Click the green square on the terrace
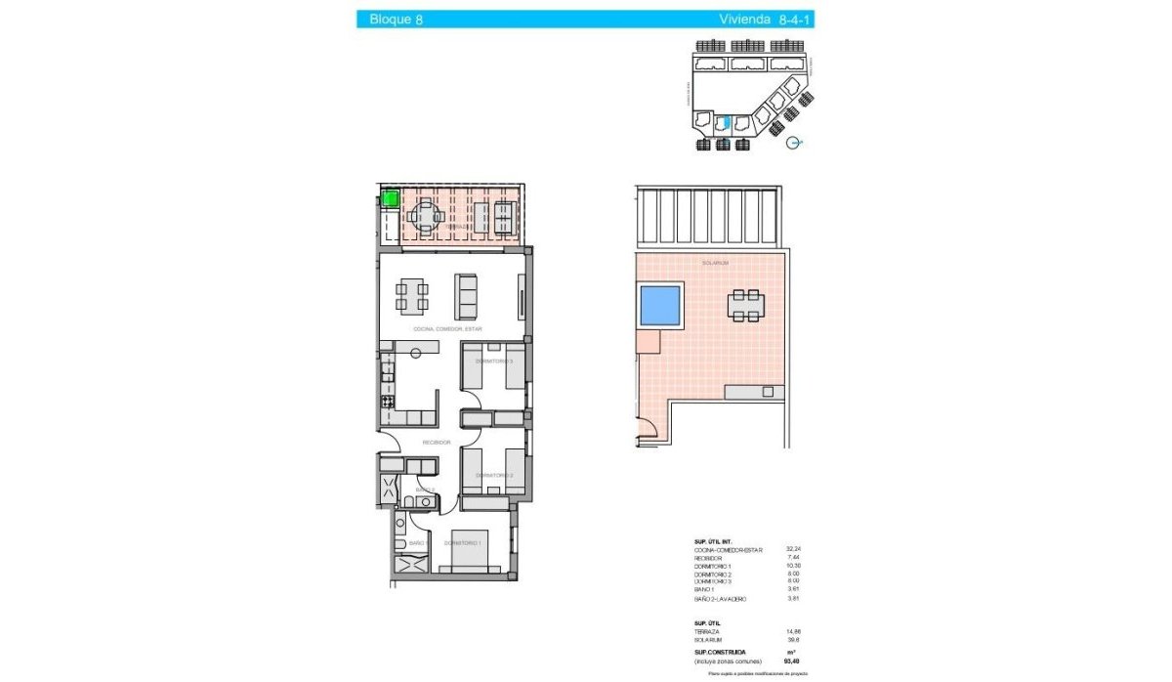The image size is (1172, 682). (390, 199)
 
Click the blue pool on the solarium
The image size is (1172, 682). (660, 306)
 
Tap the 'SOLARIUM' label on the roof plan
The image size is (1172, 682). (715, 263)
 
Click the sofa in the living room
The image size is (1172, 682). (466, 295)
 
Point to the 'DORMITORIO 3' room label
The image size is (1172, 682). (494, 362)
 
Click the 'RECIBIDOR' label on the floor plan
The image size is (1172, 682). (436, 443)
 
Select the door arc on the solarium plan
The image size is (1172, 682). (649, 428)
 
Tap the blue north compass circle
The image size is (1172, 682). (795, 142)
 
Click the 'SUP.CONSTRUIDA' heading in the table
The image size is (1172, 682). (720, 651)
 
